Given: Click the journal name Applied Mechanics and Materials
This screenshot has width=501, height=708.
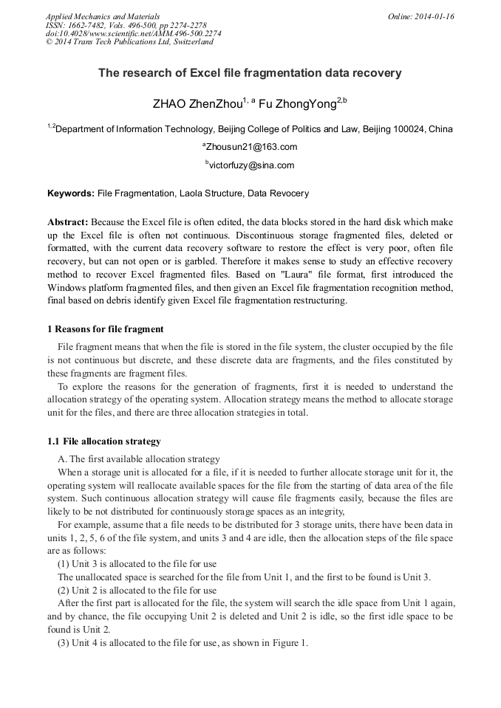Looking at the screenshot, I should pos(103,16).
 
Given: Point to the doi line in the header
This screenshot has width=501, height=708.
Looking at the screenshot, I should pos(133,33).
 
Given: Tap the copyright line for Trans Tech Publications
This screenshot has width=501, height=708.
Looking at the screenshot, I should pos(129,42).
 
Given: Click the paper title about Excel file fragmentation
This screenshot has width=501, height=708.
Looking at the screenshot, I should pos(250,73).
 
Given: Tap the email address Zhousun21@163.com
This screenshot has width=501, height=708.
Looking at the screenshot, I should pos(251,147).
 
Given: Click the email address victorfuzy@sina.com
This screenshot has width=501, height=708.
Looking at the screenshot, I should pos(251,165).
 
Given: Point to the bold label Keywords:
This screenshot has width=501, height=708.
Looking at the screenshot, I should pos(71,193).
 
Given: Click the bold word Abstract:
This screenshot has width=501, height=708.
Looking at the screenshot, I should pos(68,221).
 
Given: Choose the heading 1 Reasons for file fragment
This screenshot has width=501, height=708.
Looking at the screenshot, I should pos(106,329).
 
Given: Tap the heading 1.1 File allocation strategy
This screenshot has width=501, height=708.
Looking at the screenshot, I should pos(104,441).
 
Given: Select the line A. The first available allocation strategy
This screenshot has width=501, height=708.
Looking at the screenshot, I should pos(139,458).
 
